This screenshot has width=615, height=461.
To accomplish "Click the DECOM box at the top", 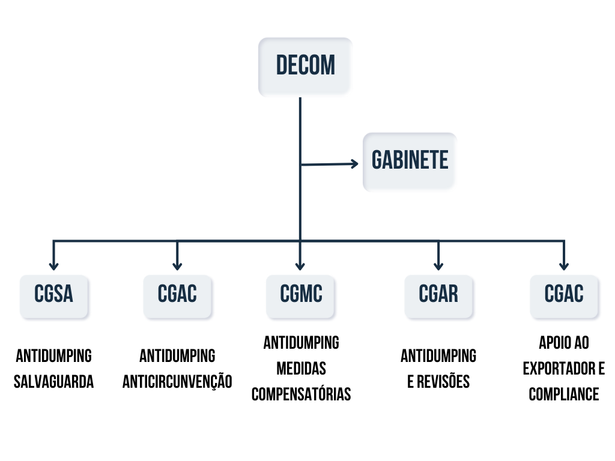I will [x=305, y=66].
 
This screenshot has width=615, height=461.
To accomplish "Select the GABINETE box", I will [x=410, y=161].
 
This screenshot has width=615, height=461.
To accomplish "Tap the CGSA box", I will [x=54, y=295].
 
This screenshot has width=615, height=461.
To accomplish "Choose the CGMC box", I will [x=301, y=295].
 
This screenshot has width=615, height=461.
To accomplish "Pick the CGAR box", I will [x=438, y=295].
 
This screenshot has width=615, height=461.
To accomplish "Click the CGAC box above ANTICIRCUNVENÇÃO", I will [x=177, y=295].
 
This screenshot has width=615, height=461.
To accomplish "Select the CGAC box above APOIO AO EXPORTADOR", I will [x=564, y=295].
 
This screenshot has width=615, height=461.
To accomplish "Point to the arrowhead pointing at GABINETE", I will [x=354, y=163].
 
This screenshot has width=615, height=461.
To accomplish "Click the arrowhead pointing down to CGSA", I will [x=54, y=265].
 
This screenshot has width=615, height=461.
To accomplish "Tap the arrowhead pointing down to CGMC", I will [x=300, y=265].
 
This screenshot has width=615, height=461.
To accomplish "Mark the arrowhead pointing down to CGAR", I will [x=438, y=265].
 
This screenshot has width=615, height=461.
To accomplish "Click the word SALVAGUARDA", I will [x=54, y=382].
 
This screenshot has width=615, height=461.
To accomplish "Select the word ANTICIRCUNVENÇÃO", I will [x=177, y=382].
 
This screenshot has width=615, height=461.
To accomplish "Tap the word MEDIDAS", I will [x=301, y=369].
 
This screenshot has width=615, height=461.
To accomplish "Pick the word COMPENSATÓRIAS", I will [x=301, y=394].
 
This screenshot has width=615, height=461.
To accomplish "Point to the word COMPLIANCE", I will [x=564, y=394].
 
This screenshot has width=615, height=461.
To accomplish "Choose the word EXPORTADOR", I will [x=557, y=369].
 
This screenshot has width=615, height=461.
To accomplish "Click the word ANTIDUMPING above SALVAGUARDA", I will [x=54, y=356].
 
